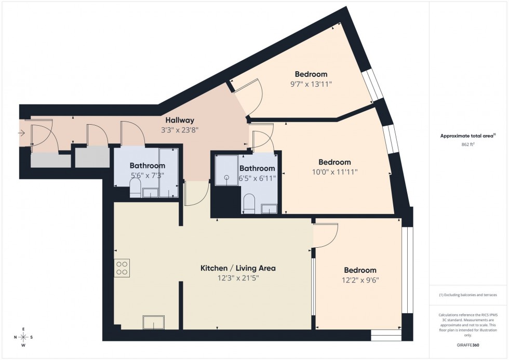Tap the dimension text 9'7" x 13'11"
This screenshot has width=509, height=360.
[311, 84]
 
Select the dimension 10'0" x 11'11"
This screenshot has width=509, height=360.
[334, 172]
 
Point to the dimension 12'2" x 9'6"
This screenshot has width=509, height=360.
[360, 281]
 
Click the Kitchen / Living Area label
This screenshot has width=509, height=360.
[238, 268]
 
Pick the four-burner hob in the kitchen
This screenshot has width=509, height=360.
[123, 268]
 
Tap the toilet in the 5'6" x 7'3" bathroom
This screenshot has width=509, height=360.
[135, 189]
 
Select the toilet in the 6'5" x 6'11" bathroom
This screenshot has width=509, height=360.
[248, 203]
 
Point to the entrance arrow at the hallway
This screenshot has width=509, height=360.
[21, 134]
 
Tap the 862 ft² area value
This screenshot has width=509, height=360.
[466, 145]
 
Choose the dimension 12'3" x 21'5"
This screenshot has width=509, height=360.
[238, 278]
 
